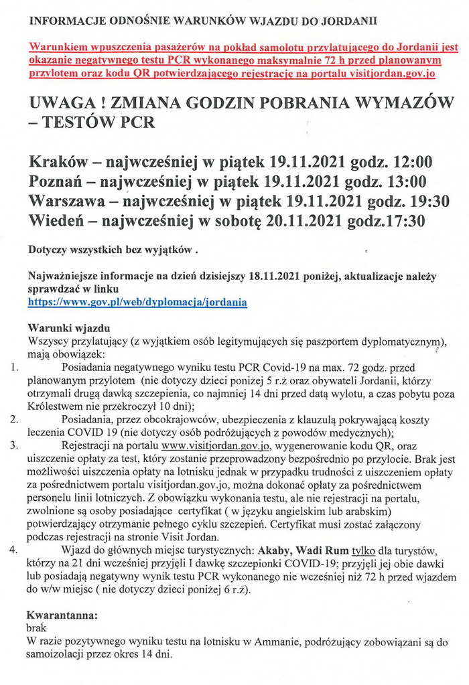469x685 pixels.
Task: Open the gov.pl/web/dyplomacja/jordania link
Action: (x=137, y=302)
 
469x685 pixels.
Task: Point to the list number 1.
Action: (x=14, y=368)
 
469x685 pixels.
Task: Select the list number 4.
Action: (x=14, y=551)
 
